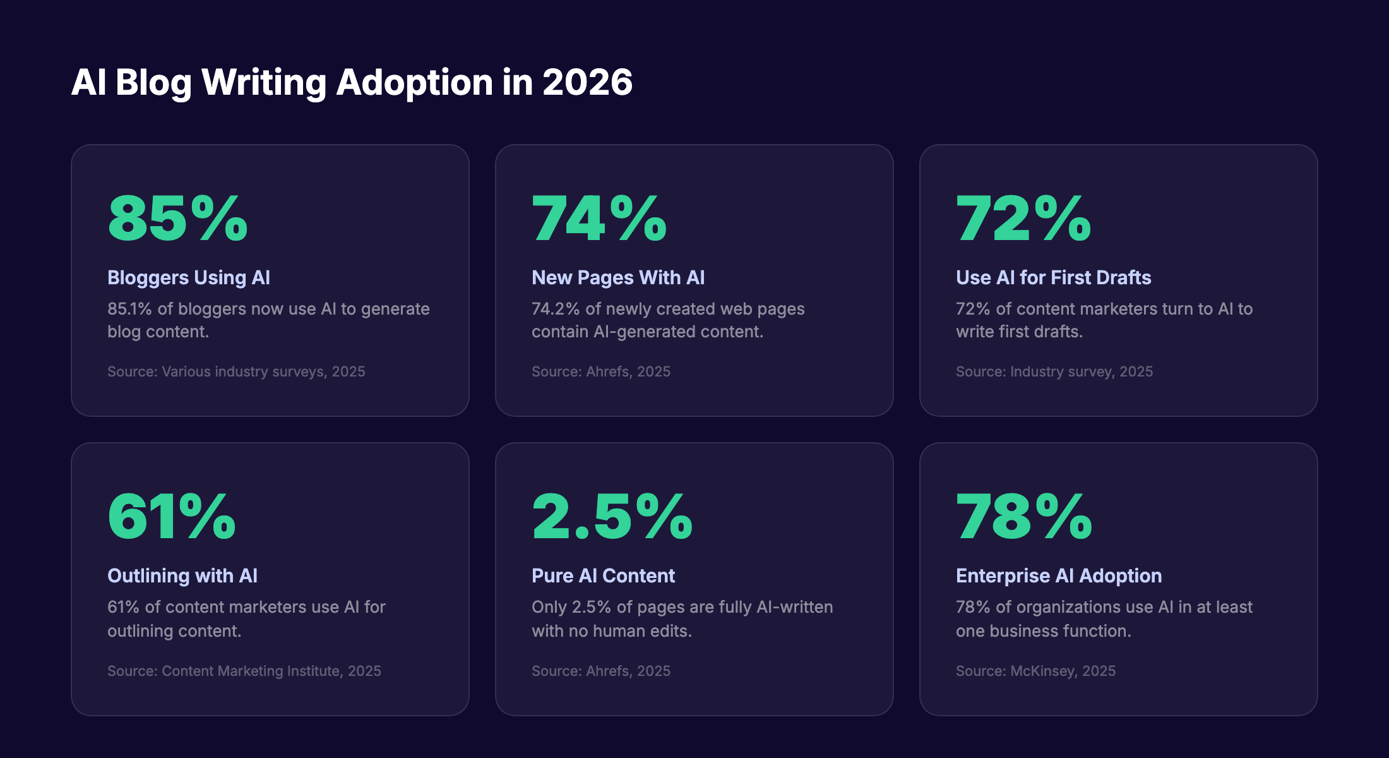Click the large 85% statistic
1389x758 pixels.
pyautogui.click(x=177, y=219)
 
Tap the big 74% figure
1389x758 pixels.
pyautogui.click(x=599, y=219)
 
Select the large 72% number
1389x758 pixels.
pyautogui.click(x=1023, y=219)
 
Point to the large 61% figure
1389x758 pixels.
pyautogui.click(x=172, y=517)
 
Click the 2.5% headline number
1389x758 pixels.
pyautogui.click(x=612, y=517)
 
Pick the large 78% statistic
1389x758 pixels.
pyautogui.click(x=1023, y=517)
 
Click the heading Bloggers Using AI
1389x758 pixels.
pyautogui.click(x=189, y=278)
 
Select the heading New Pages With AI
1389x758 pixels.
pyautogui.click(x=618, y=278)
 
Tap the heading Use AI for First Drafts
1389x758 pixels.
pyautogui.click(x=1053, y=278)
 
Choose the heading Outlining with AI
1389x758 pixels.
pyautogui.click(x=182, y=576)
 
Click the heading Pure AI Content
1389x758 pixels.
pyautogui.click(x=603, y=576)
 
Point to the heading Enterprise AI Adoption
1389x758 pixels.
pyautogui.click(x=1059, y=576)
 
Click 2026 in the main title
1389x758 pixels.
pyautogui.click(x=587, y=83)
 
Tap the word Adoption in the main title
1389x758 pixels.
pyautogui.click(x=414, y=83)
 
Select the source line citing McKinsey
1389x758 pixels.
pyautogui.click(x=1035, y=671)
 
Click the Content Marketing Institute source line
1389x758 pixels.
pyautogui.click(x=244, y=671)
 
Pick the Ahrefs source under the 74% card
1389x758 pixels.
pyautogui.click(x=600, y=371)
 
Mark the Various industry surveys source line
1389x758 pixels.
pyautogui.click(x=236, y=371)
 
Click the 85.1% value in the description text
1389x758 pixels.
pyautogui.click(x=129, y=309)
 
